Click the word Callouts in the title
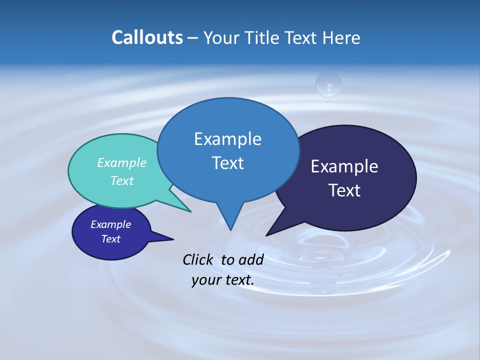[x=147, y=37]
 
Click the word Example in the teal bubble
[x=122, y=162]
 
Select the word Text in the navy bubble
[x=344, y=190]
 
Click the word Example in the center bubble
[x=228, y=139]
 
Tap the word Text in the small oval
[x=111, y=239]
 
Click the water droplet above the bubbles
[x=328, y=84]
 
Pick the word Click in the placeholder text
[x=197, y=259]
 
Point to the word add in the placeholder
[x=250, y=259]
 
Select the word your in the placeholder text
[x=205, y=280]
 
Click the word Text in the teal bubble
[x=122, y=180]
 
